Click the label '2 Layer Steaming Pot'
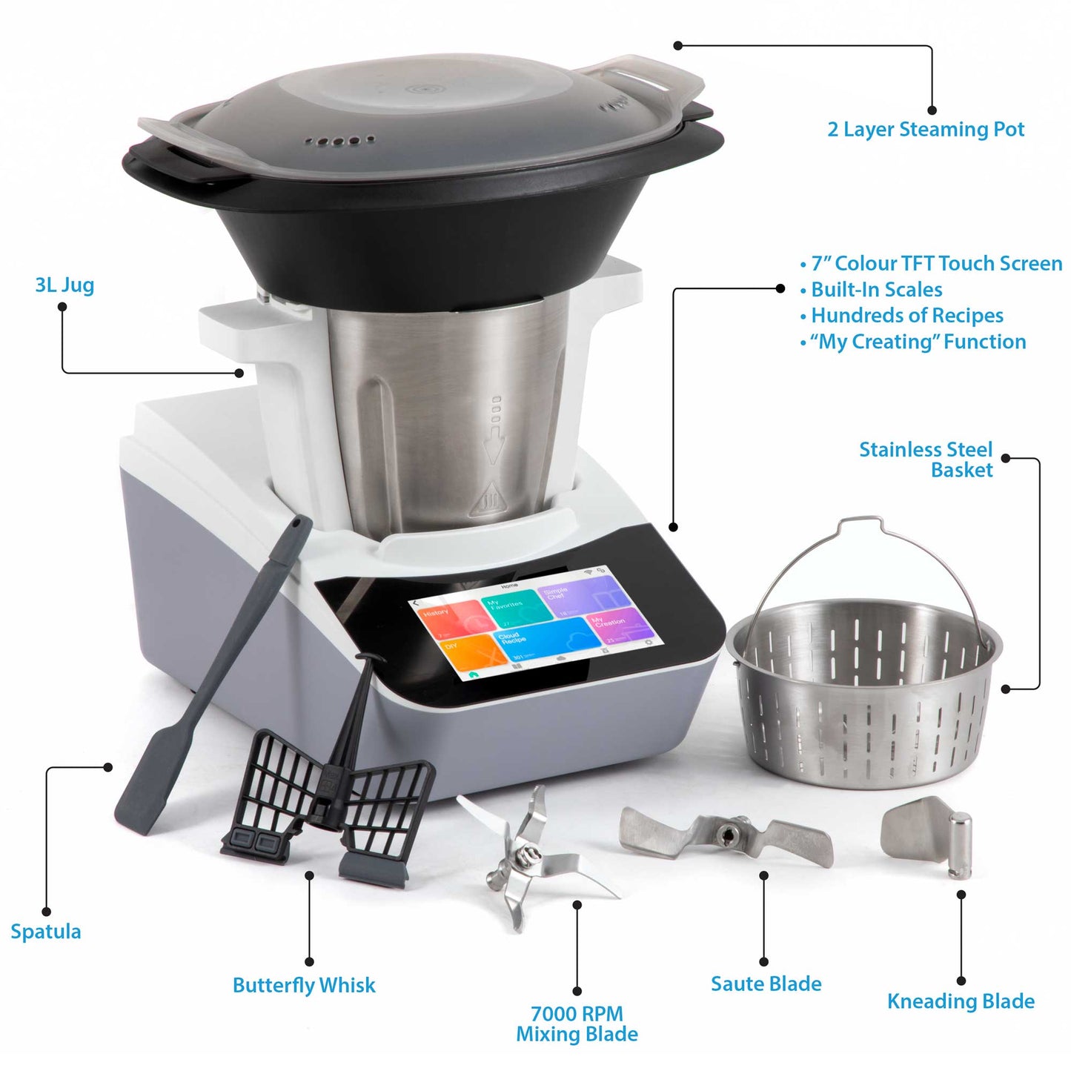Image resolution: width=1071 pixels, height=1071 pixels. (x=926, y=130)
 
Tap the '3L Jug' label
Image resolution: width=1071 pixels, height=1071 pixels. (x=64, y=285)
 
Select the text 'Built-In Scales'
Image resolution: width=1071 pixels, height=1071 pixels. (x=876, y=290)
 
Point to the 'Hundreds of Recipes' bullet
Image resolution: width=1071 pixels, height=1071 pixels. (x=906, y=316)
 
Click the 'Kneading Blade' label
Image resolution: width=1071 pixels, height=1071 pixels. (x=961, y=1001)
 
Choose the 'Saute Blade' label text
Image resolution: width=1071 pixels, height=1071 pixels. (x=766, y=984)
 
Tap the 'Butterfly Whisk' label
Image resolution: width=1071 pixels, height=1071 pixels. (x=304, y=986)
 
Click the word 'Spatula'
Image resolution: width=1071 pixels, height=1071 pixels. (x=46, y=932)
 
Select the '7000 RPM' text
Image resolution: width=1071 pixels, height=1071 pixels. (x=577, y=1013)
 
